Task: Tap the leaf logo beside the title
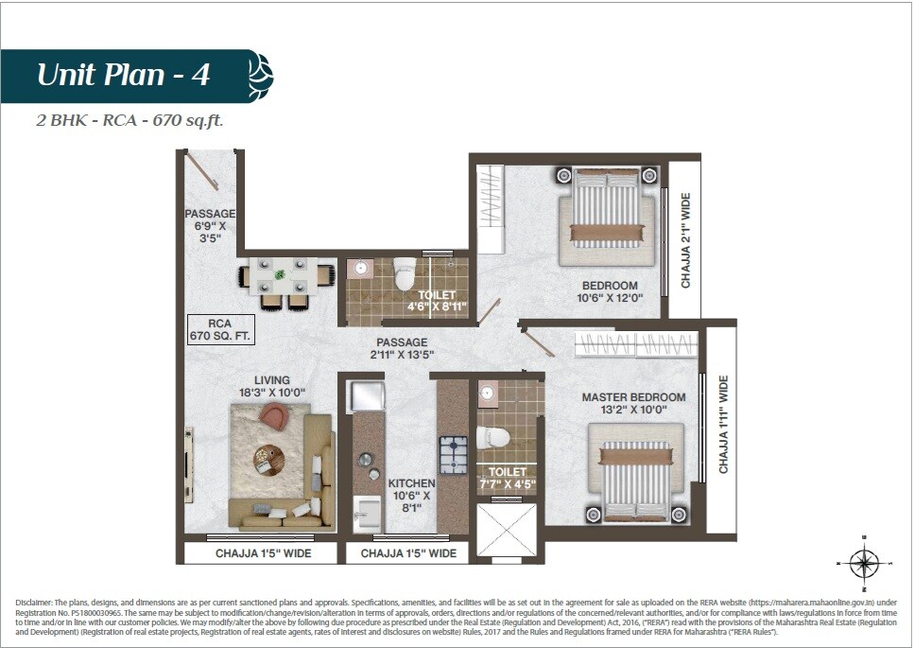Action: [x=260, y=76]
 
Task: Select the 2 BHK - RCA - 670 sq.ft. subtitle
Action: [x=129, y=121]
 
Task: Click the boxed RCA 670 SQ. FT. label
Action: [x=220, y=328]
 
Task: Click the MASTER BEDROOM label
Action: [x=633, y=404]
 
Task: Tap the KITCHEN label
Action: [x=411, y=495]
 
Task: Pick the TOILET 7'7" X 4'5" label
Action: [x=507, y=479]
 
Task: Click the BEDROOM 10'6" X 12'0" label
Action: [x=609, y=292]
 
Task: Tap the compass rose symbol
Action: [x=864, y=564]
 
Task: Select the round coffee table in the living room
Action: [x=267, y=459]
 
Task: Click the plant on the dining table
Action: [x=280, y=275]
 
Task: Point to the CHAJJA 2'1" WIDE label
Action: [x=686, y=240]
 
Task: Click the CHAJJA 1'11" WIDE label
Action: [x=723, y=425]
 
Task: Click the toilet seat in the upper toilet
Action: [x=405, y=275]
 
